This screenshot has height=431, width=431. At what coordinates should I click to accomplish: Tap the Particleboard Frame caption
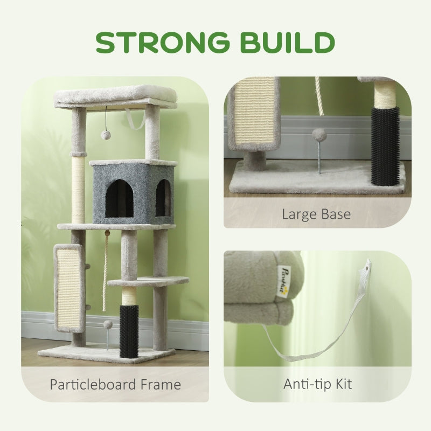coord(115,384)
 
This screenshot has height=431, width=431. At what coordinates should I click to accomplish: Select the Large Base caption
coord(317,214)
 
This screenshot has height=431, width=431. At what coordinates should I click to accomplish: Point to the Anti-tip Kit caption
coord(317,384)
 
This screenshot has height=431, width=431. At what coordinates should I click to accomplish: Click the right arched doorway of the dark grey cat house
coord(163,198)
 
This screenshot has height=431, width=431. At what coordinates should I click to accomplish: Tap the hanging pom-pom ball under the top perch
coord(105,134)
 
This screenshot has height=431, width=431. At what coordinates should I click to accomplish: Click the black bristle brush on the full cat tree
coord(129,330)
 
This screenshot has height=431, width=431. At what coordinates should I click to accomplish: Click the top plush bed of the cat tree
coord(115,95)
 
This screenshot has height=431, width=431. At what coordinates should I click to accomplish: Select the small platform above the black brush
coord(148,281)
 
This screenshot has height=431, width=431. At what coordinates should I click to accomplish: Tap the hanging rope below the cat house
coord(105,269)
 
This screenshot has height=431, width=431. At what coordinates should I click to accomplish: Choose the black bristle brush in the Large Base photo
coord(385,145)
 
